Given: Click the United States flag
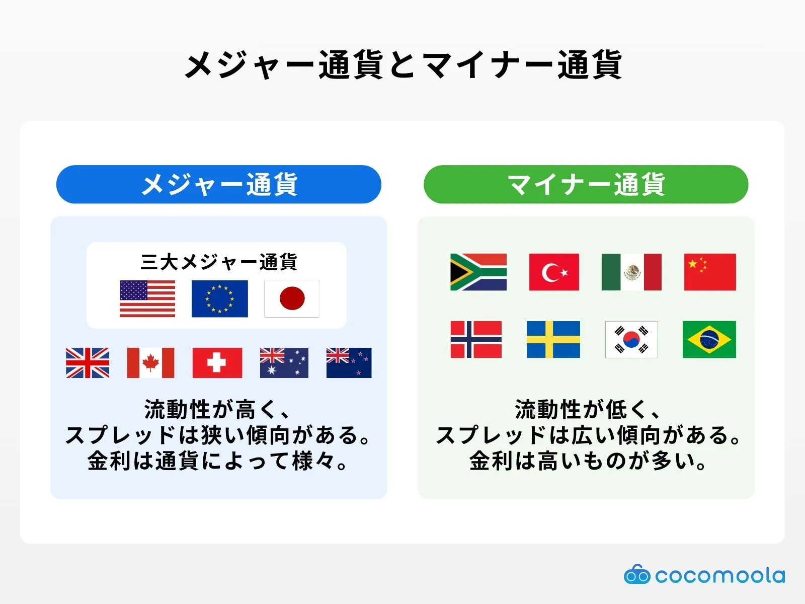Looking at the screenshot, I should tap(147, 298).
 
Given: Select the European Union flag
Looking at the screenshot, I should tap(219, 298).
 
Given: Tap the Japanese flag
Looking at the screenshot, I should tap(292, 298).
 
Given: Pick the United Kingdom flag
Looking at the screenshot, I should tap(88, 362).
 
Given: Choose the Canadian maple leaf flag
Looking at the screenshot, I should tap(150, 362).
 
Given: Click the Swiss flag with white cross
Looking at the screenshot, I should tap(217, 362).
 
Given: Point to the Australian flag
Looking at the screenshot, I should tap(284, 362).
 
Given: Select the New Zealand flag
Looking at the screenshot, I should tap(349, 362).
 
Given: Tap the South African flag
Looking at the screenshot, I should tap(478, 272).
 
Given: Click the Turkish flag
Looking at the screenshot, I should tap(554, 272).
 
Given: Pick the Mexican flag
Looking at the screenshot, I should tap(631, 272).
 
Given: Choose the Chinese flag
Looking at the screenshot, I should tap(710, 272).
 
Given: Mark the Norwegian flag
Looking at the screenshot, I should tap(476, 339).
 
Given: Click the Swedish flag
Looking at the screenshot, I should tap(553, 339).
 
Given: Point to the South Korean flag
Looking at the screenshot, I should tap(631, 339).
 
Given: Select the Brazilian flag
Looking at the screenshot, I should tap(709, 339).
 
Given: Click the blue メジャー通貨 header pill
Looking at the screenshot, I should tap(219, 184).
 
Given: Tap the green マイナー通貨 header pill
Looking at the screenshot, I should tap(586, 184).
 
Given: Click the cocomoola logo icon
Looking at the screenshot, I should tap(637, 574).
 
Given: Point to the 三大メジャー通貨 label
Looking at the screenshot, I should tap(219, 262).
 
